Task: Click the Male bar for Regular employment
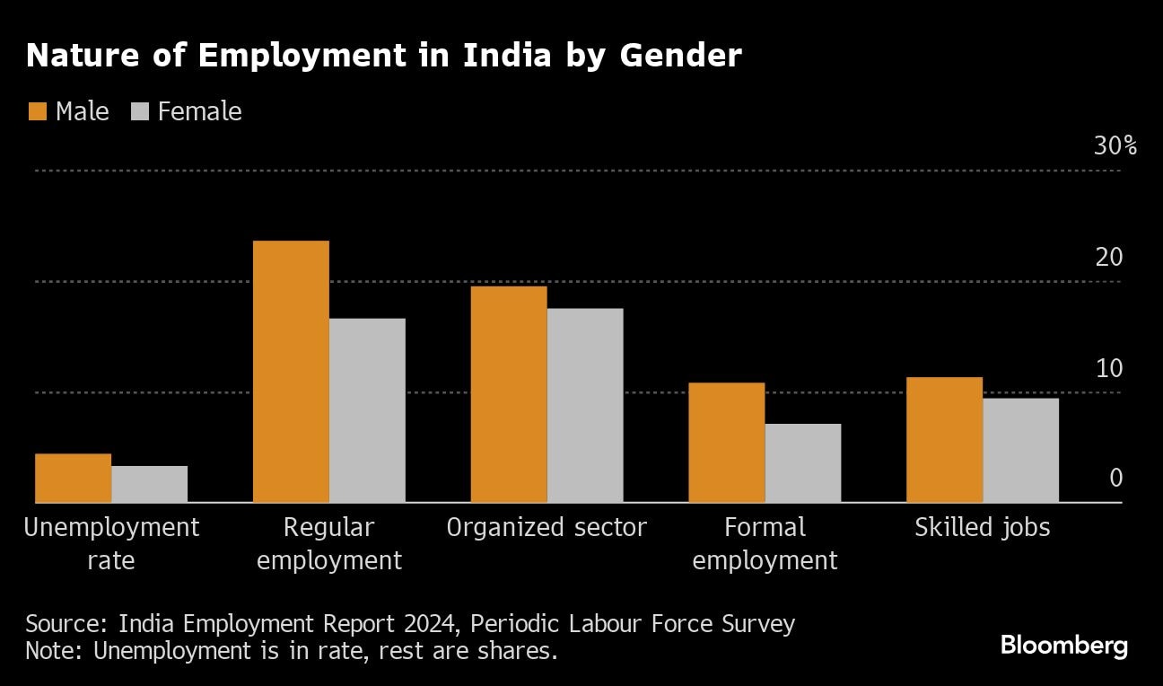[x=291, y=372]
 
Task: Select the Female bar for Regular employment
[x=367, y=410]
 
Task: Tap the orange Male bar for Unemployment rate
[x=74, y=478]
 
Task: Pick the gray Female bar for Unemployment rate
[x=150, y=484]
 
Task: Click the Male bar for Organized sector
[x=509, y=394]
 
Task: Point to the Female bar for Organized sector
[x=585, y=405]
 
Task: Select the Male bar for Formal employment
[x=727, y=443]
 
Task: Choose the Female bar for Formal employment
[x=803, y=462]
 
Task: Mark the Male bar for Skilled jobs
[x=944, y=440]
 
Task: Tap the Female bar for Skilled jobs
[x=1020, y=450]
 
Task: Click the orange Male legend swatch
[x=37, y=111]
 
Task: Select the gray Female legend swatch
[x=139, y=111]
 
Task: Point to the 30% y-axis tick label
[x=1115, y=145]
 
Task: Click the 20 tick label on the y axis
[x=1108, y=257]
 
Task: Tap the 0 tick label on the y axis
[x=1115, y=478]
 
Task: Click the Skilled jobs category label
[x=982, y=527]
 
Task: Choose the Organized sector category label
[x=547, y=527]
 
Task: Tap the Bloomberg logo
[x=1063, y=645]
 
